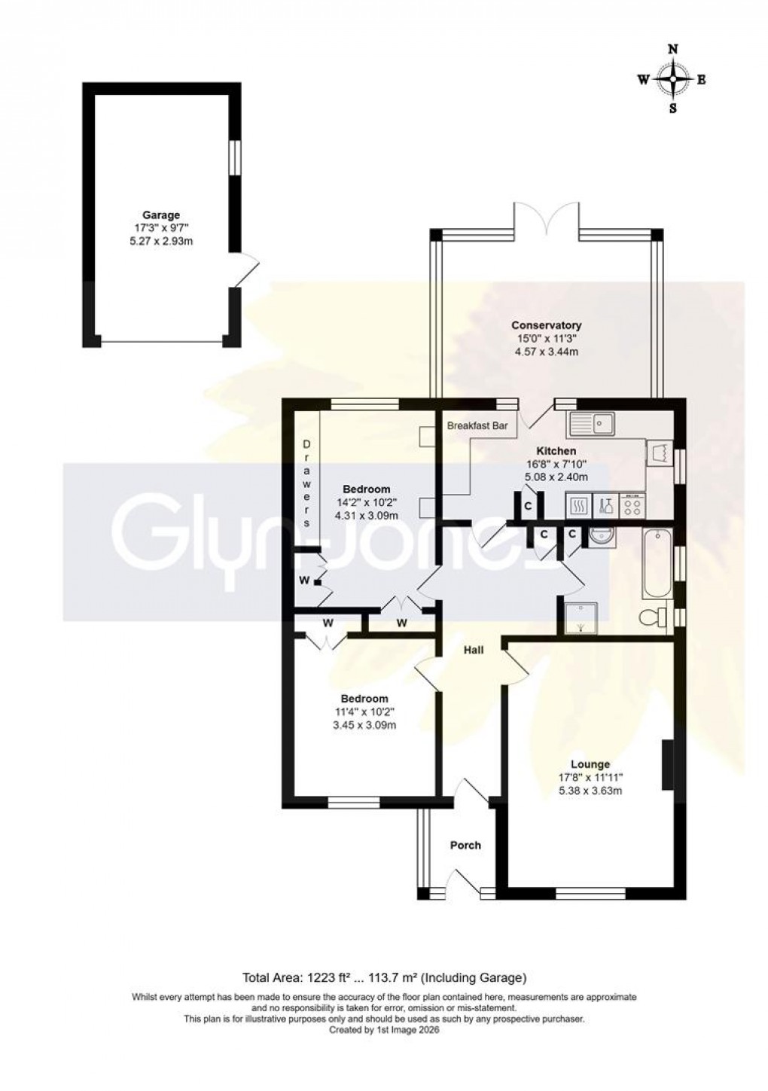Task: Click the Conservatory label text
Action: [x=546, y=325]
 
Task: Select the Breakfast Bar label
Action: [x=477, y=426]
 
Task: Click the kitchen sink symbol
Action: [x=593, y=424]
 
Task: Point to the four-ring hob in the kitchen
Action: [x=632, y=505]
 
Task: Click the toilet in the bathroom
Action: [x=652, y=618]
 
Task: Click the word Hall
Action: [x=473, y=650]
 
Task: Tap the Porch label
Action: [x=465, y=845]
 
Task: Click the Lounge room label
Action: [x=590, y=764]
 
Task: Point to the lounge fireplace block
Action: [x=667, y=766]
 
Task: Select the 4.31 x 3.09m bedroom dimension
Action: [x=366, y=515]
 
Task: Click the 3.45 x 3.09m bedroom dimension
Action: [x=364, y=725]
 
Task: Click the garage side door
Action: [x=247, y=271]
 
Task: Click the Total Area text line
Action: [x=383, y=978]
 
